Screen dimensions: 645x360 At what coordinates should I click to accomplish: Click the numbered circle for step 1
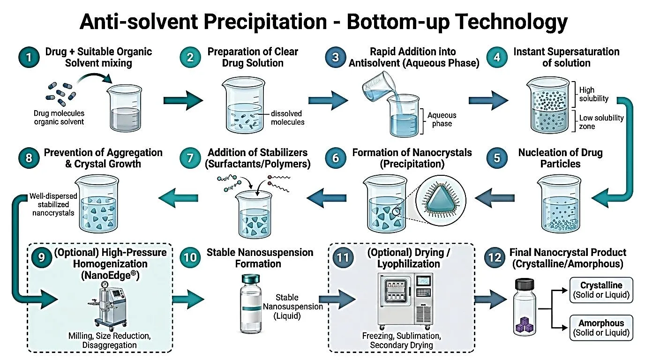(29, 57)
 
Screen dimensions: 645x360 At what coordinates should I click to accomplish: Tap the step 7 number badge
(190, 158)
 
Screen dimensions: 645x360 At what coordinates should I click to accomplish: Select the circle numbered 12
(495, 257)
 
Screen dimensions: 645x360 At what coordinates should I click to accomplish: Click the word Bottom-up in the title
(398, 21)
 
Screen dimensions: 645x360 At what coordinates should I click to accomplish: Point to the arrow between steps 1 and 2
(183, 100)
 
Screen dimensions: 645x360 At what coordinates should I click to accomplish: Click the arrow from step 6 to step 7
(327, 198)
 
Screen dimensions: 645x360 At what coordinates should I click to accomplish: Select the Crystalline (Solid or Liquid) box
(601, 290)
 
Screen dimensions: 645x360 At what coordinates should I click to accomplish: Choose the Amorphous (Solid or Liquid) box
(601, 328)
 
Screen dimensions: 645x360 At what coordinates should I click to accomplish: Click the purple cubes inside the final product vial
(525, 324)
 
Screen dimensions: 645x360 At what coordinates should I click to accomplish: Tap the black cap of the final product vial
(525, 284)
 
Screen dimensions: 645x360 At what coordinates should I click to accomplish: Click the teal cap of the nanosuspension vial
(251, 279)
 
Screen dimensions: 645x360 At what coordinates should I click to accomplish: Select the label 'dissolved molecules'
(287, 118)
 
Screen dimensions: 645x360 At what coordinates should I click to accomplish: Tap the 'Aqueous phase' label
(442, 119)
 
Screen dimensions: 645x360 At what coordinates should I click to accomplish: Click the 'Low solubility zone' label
(601, 122)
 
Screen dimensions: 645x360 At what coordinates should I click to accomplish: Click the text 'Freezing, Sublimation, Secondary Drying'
(401, 340)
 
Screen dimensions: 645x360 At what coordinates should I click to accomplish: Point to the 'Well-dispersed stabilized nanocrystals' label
(53, 204)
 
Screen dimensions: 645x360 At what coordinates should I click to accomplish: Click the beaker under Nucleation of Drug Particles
(560, 204)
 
